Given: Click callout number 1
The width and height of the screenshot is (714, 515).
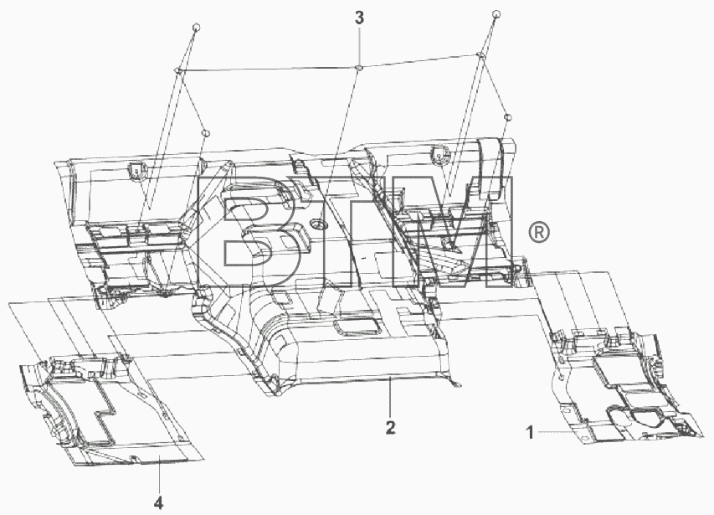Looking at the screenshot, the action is (530, 431).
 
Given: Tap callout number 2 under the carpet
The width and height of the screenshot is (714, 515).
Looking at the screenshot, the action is (390, 428).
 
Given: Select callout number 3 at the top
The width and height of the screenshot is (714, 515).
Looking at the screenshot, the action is (359, 18).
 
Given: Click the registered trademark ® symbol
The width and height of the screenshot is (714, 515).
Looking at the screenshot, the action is (539, 233).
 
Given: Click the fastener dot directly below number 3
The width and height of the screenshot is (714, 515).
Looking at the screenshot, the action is (358, 68).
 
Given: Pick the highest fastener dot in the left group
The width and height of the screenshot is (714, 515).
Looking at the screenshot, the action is (196, 28).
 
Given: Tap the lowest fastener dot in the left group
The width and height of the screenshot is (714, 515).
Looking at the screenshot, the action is (206, 133).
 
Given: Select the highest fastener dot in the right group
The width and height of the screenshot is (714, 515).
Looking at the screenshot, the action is (496, 14).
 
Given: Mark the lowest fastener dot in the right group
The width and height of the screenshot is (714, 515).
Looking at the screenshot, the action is (509, 118).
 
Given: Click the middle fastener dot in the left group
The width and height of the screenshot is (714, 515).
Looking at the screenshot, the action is (178, 70).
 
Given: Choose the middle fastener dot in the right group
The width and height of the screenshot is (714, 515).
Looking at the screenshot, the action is (480, 55).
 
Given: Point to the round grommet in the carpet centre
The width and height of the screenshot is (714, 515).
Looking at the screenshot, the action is (318, 224).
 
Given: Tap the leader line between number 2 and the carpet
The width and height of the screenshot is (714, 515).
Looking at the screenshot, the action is (390, 399).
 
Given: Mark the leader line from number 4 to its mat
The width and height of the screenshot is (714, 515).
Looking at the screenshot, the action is (159, 476).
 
